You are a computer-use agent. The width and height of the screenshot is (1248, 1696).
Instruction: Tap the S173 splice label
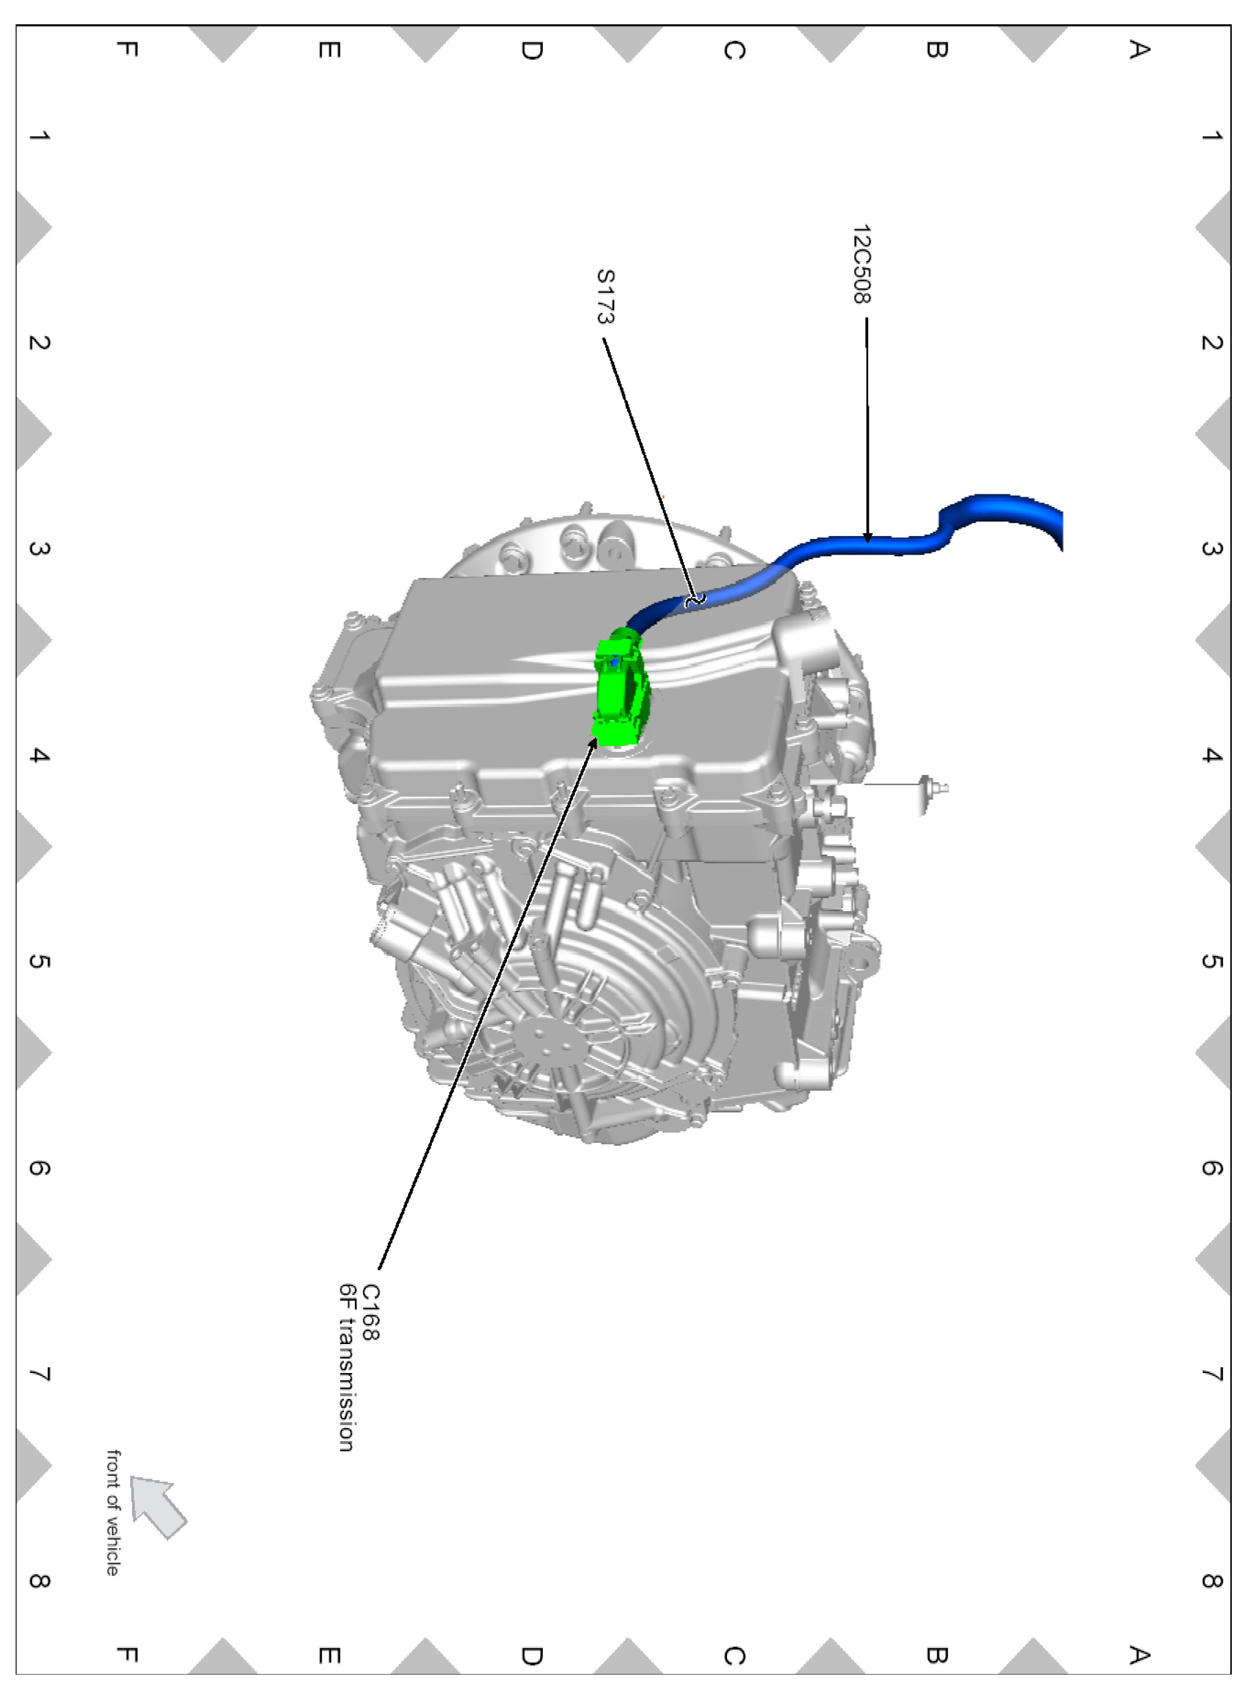pyautogui.click(x=606, y=296)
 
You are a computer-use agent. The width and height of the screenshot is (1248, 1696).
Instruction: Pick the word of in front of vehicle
pyautogui.click(x=112, y=1504)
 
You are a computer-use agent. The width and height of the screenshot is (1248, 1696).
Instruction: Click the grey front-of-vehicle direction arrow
pyautogui.click(x=158, y=1506)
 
